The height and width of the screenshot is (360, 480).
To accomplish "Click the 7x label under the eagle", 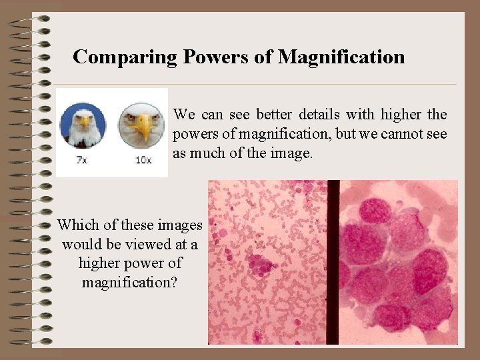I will [83, 160].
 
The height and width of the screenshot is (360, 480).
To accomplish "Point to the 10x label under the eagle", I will [143, 160].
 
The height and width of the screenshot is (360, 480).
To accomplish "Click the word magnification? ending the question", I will [129, 282].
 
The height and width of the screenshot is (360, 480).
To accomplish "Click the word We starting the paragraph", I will [184, 115].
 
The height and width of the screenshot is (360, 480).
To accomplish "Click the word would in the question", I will [80, 244].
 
